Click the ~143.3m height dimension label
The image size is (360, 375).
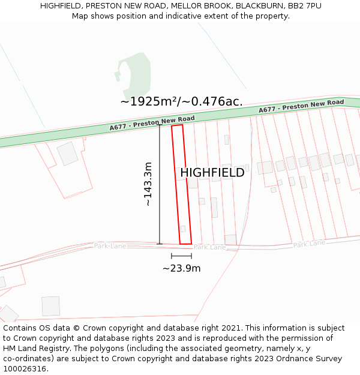pyautogui.click(x=148, y=184)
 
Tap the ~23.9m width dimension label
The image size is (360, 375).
pyautogui.click(x=181, y=268)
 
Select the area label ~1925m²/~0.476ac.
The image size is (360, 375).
pyautogui.click(x=181, y=101)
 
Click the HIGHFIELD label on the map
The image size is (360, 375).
pyautogui.click(x=212, y=173)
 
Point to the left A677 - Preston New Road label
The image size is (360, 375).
pyautogui.click(x=152, y=123)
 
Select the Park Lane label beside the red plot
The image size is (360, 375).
pyautogui.click(x=209, y=247)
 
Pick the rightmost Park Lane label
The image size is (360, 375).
pyautogui.click(x=309, y=244)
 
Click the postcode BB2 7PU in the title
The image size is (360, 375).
pyautogui.click(x=304, y=5)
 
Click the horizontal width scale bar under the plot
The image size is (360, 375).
pyautogui.click(x=181, y=256)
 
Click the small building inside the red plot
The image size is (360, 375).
pyautogui.click(x=183, y=229)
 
